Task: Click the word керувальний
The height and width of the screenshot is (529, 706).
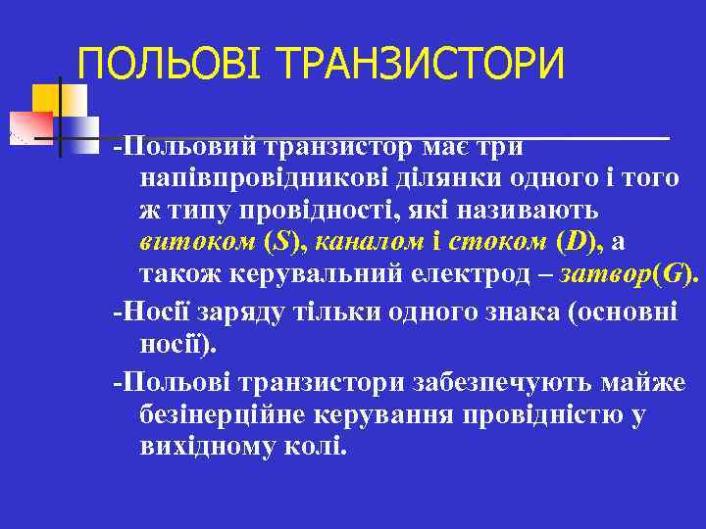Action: point(331,274)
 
